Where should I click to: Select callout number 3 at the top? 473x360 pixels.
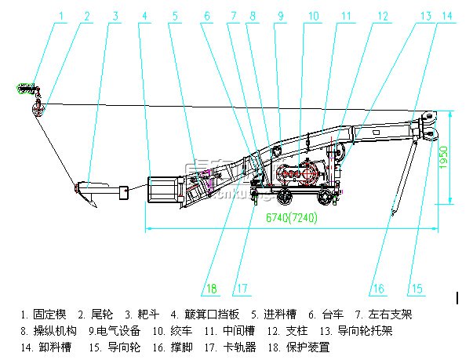click(x=115, y=15)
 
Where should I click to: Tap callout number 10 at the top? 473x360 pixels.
click(x=313, y=15)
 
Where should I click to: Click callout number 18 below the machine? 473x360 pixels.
click(x=210, y=288)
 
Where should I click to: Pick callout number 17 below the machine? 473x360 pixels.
click(x=242, y=288)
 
